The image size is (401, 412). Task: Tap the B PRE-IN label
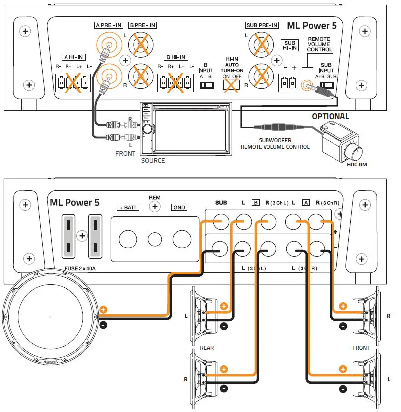click(x=142, y=25)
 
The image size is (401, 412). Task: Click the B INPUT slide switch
click(x=205, y=85)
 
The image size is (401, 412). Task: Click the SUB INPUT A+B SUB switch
click(x=326, y=85)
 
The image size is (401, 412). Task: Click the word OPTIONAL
click(x=331, y=116)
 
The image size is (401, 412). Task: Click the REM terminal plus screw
click(x=155, y=207)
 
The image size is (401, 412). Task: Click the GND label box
click(x=180, y=207)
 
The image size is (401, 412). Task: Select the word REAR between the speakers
click(x=207, y=348)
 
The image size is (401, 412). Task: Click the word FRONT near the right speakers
click(x=361, y=348)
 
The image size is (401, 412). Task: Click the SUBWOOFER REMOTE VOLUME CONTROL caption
click(x=275, y=143)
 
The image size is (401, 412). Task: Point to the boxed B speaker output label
click(x=256, y=203)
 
